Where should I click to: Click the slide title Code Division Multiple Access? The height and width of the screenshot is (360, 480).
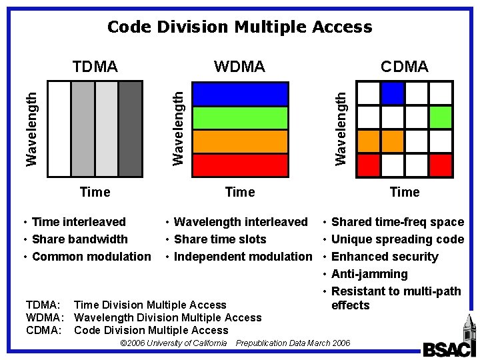pyautogui.click(x=239, y=27)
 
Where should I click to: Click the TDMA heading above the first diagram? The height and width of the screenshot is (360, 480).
pyautogui.click(x=95, y=66)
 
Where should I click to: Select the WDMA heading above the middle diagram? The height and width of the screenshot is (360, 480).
pyautogui.click(x=239, y=66)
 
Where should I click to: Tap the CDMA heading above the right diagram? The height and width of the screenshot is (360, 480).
pyautogui.click(x=404, y=66)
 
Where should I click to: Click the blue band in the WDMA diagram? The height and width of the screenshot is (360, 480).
pyautogui.click(x=240, y=94)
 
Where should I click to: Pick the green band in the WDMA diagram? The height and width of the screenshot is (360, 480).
pyautogui.click(x=240, y=118)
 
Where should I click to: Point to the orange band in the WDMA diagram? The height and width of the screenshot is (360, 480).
pyautogui.click(x=240, y=141)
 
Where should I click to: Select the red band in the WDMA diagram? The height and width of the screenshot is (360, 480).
pyautogui.click(x=240, y=165)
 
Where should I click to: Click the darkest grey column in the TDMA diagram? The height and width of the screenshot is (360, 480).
pyautogui.click(x=130, y=129)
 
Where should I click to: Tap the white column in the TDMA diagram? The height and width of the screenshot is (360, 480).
pyautogui.click(x=59, y=129)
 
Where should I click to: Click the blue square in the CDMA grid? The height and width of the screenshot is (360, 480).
pyautogui.click(x=393, y=93)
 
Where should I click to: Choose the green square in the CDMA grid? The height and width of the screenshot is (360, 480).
pyautogui.click(x=441, y=117)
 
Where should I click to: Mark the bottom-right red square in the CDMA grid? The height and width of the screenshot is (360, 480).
pyautogui.click(x=441, y=164)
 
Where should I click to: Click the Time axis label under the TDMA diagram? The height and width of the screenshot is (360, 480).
pyautogui.click(x=95, y=192)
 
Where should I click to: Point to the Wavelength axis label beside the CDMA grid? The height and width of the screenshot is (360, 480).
pyautogui.click(x=341, y=129)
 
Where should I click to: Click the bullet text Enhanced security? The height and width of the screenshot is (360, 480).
pyautogui.click(x=385, y=257)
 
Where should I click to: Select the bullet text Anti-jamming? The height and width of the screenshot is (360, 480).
pyautogui.click(x=369, y=274)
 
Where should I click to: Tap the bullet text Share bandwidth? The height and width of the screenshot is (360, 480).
pyautogui.click(x=79, y=239)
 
